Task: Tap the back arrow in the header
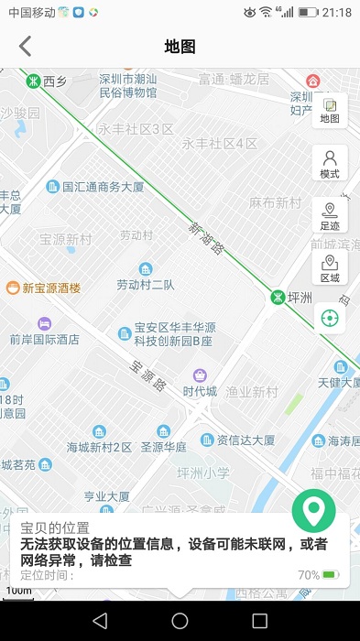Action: pos(25,47)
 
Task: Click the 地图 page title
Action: pos(180,47)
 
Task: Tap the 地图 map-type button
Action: pos(330,111)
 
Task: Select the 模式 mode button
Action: pos(330,164)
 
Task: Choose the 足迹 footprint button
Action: pos(330,216)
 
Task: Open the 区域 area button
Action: pos(330,268)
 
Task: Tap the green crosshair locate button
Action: pos(330,319)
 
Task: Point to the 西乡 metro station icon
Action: pos(33,80)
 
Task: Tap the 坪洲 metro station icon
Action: pos(277,297)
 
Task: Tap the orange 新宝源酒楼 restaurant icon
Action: pos(13,288)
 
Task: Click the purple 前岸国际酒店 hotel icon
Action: pos(44,323)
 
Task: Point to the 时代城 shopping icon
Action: pos(200,375)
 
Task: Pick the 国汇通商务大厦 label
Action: pos(103,187)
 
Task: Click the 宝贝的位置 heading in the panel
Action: pos(55,528)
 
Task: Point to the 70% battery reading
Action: pos(309,575)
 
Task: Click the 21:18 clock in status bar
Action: pos(336,12)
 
